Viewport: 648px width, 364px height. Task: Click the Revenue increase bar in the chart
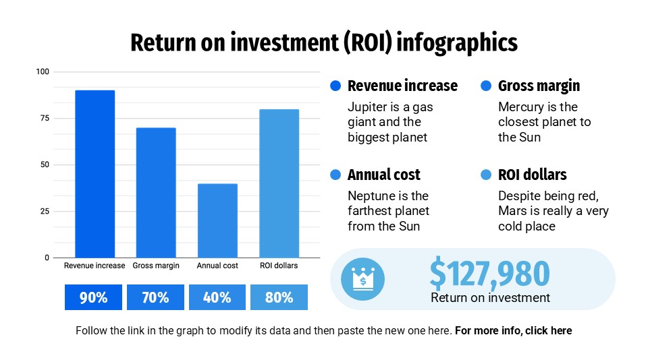click(94, 174)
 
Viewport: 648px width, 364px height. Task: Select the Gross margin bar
click(156, 193)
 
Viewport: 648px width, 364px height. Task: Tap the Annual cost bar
click(217, 220)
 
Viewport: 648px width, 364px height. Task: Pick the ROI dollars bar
click(279, 183)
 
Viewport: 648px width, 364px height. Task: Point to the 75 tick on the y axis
click(45, 118)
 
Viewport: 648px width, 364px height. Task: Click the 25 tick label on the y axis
click(45, 212)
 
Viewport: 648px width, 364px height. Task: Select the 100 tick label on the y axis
click(43, 71)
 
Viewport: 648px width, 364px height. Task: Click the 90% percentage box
click(93, 297)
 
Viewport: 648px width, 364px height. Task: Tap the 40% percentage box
click(217, 297)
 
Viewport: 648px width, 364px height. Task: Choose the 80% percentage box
click(279, 297)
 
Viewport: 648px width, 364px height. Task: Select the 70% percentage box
click(155, 297)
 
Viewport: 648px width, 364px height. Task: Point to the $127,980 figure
click(489, 274)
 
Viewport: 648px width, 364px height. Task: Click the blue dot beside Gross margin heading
click(486, 86)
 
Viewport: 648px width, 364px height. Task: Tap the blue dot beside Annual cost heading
click(335, 175)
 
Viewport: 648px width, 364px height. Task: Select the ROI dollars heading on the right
click(532, 175)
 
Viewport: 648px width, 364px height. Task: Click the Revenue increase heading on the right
click(402, 86)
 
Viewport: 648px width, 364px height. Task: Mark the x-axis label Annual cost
click(217, 266)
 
